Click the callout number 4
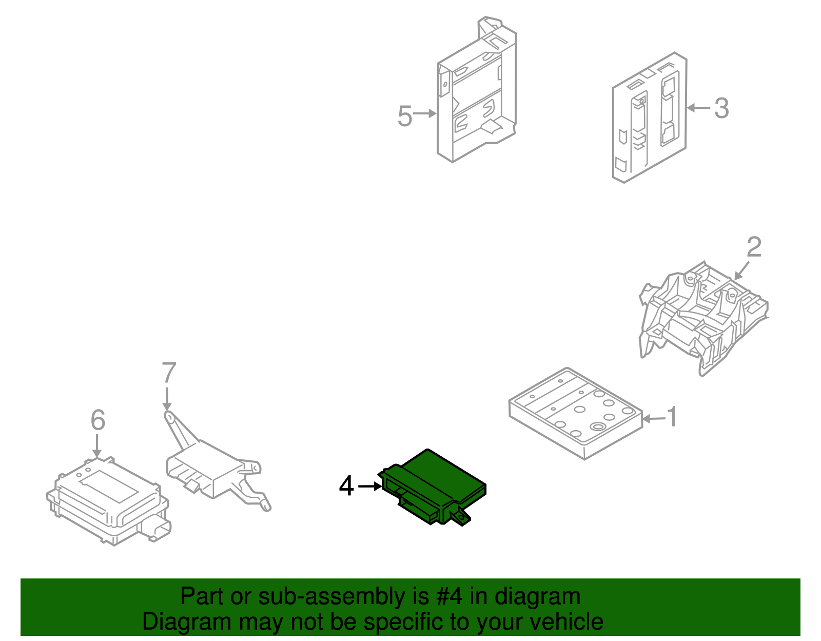pyautogui.click(x=346, y=485)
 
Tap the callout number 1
pyautogui.click(x=672, y=417)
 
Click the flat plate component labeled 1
pyautogui.click(x=575, y=414)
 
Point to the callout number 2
pyautogui.click(x=753, y=247)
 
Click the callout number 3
pyautogui.click(x=721, y=108)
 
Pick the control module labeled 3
pyautogui.click(x=649, y=118)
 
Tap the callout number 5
pyautogui.click(x=404, y=116)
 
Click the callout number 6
pyautogui.click(x=97, y=420)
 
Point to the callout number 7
pyautogui.click(x=169, y=373)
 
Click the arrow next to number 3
pyautogui.click(x=698, y=108)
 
